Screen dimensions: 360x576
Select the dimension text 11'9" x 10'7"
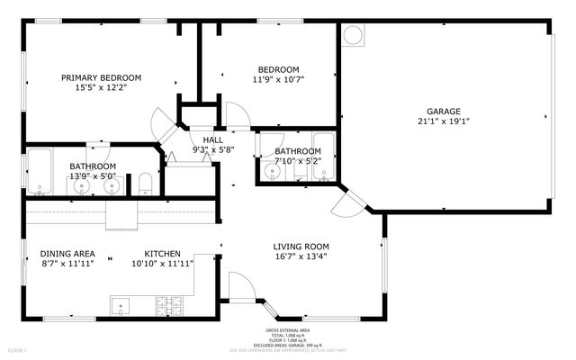[x=279, y=79]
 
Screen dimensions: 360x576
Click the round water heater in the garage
[x=354, y=36]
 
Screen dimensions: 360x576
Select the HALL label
[x=212, y=139]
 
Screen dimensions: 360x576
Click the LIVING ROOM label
[x=301, y=246]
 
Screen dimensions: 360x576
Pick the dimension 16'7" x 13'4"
[x=301, y=256]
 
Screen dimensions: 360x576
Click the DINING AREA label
[x=68, y=254]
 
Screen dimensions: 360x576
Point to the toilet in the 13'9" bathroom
[x=145, y=185]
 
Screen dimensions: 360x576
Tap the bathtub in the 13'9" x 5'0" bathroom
[x=39, y=172]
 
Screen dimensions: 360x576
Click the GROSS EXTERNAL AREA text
[x=285, y=331]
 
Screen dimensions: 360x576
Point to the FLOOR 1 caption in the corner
[x=17, y=349]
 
